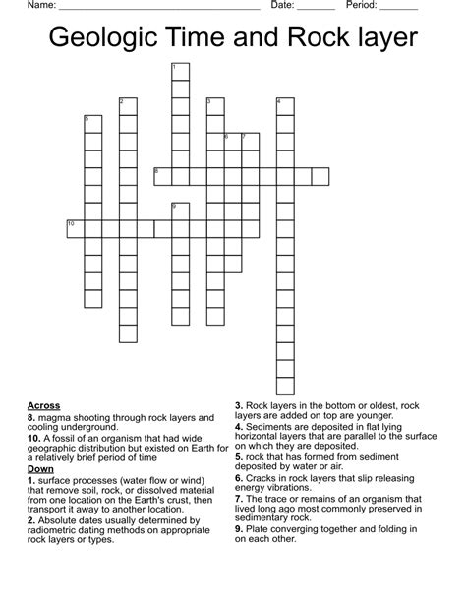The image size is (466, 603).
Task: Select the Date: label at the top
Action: point(283,6)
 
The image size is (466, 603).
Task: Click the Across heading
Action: point(44,405)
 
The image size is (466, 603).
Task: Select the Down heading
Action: point(41,469)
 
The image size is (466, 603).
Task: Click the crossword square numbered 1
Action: point(180,72)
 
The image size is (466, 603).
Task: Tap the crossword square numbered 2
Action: point(127,106)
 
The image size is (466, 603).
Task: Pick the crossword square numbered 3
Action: point(215,106)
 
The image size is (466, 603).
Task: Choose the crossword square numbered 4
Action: point(285,106)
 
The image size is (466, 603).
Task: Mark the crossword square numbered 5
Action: point(92,124)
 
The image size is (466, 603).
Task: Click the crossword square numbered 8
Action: point(162,177)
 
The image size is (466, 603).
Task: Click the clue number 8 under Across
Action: point(32,417)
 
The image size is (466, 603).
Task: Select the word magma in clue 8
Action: point(59,417)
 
